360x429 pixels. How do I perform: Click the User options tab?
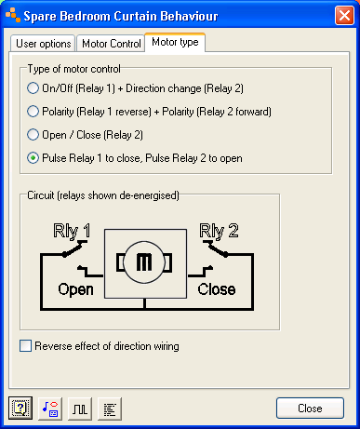42,43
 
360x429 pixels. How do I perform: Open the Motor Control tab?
109,43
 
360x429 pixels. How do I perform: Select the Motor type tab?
175,42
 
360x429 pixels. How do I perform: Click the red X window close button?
340,16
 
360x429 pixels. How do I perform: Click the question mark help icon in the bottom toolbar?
20,408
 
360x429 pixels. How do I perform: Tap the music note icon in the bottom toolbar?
49,408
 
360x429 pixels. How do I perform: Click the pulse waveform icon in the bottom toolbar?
79,408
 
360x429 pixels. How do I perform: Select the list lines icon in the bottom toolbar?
109,408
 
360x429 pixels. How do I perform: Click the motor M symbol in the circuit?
143,263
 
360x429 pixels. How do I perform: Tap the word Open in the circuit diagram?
76,288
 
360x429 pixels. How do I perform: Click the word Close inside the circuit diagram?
217,288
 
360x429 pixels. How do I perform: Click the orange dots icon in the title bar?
16,16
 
